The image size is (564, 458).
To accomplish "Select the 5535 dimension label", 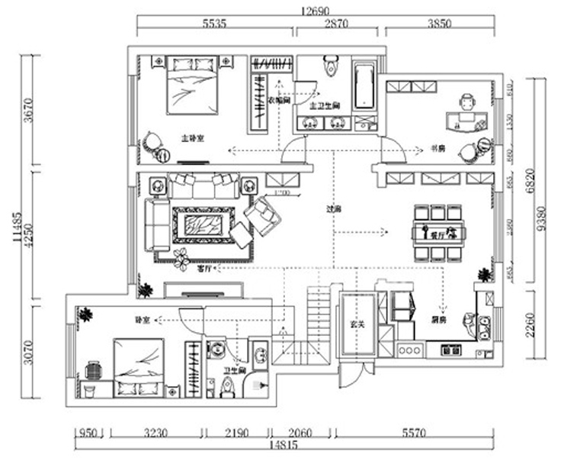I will click(216, 24).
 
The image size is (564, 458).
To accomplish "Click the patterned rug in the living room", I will click(202, 225).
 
